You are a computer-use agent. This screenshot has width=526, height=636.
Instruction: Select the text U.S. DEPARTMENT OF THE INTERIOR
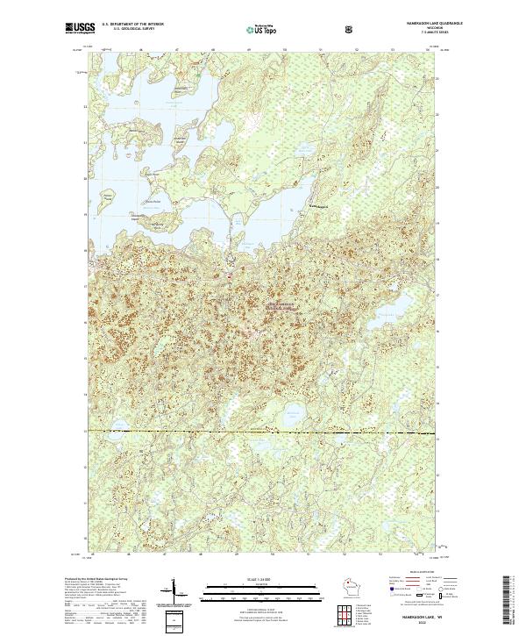click(132, 25)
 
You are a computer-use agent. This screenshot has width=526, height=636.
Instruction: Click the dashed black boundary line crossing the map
click(263, 432)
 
